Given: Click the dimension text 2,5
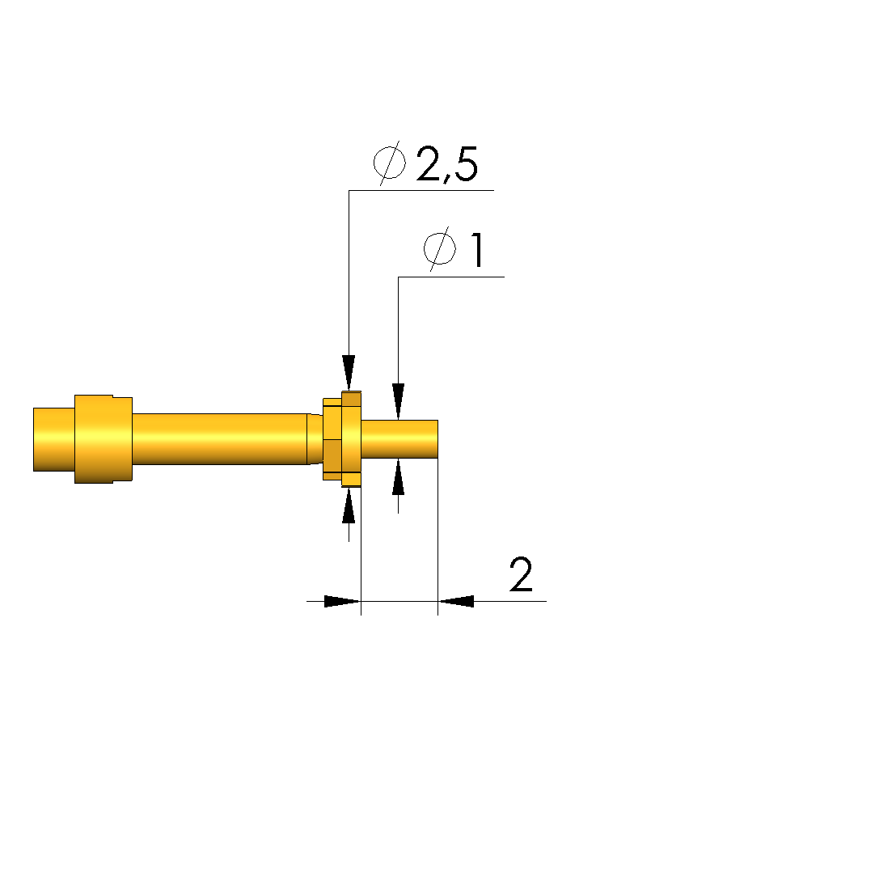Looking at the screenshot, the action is [446, 165].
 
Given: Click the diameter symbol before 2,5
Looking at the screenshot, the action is [389, 163].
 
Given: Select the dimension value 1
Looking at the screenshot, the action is [477, 250].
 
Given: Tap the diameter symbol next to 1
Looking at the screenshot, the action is [439, 248].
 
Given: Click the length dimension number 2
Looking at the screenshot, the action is [521, 574].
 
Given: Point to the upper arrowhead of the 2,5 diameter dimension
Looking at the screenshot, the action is [349, 373].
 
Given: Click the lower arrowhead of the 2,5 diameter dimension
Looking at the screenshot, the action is [349, 506].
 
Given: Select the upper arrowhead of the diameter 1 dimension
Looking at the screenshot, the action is [398, 401].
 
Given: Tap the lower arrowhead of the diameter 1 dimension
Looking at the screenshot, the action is [398, 476].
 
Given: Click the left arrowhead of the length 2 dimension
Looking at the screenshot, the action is [342, 601].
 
